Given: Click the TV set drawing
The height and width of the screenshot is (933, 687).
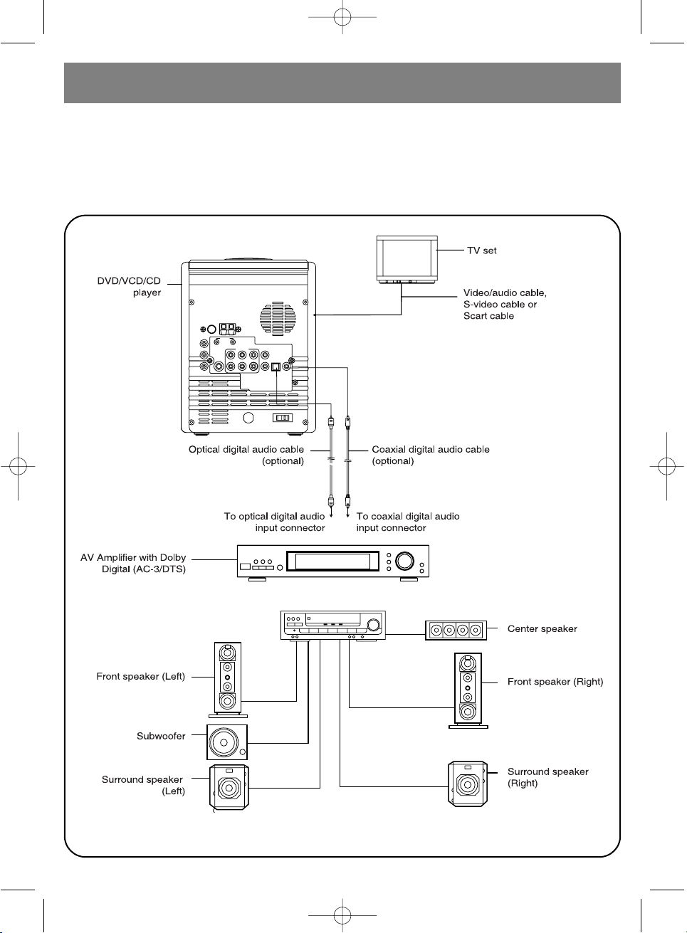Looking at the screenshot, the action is (x=407, y=259).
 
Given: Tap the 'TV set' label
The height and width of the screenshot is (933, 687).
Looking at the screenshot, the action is (x=481, y=251).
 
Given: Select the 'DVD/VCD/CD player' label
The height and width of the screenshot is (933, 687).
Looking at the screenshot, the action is (x=129, y=287).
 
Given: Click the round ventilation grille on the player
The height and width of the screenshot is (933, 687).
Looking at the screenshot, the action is (x=278, y=319).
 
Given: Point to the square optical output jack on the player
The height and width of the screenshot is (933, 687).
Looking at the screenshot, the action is (x=276, y=367).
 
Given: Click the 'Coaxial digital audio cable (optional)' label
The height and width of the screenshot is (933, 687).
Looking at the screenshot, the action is (x=431, y=455).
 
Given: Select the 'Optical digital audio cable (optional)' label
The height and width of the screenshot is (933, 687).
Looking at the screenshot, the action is (x=246, y=455).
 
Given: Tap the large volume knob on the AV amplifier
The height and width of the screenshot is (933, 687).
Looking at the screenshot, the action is (x=404, y=561).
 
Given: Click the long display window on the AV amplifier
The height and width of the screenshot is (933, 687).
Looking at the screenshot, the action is (x=332, y=561).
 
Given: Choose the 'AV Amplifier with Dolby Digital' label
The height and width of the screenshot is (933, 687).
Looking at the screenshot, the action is (x=133, y=563).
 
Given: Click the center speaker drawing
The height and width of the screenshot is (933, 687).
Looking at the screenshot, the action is (x=456, y=631).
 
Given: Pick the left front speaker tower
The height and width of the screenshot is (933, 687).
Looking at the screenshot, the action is (x=228, y=680).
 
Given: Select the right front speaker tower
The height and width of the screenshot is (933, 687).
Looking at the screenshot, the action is (x=468, y=690).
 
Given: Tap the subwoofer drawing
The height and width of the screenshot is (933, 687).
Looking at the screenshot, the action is (x=226, y=742).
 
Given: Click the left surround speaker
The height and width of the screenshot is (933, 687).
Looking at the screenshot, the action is (x=229, y=787).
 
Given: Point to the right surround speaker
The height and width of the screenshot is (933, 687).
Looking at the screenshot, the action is (x=468, y=784).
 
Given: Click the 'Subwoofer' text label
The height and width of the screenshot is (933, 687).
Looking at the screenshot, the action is (x=161, y=736).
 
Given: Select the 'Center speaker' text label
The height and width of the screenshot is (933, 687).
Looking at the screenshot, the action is (x=542, y=628).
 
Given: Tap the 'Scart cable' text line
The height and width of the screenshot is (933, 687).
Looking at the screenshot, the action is (x=488, y=316).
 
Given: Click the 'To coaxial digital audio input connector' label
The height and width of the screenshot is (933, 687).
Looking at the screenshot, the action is (x=408, y=522).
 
